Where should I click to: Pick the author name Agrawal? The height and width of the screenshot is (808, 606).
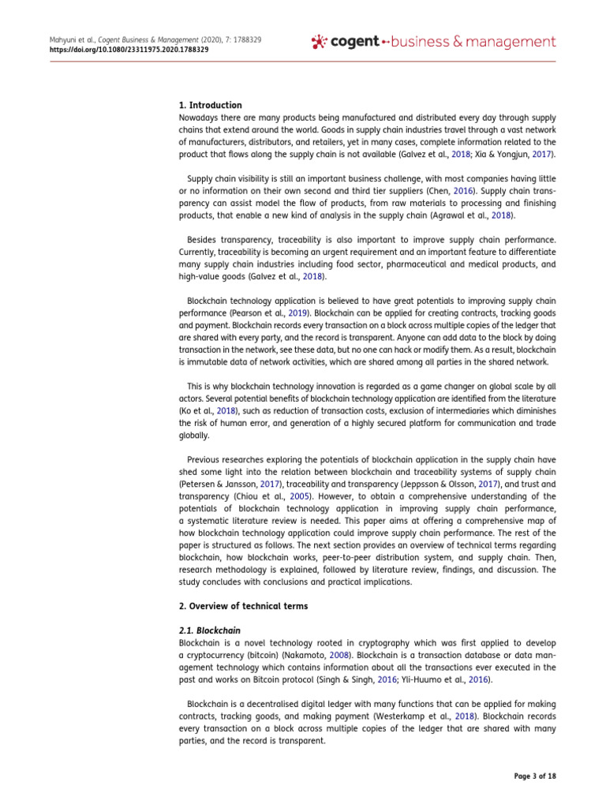(x=441, y=215)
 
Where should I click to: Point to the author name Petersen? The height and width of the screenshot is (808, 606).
(x=201, y=484)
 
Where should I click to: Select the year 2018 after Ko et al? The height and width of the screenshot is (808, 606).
(x=226, y=410)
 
